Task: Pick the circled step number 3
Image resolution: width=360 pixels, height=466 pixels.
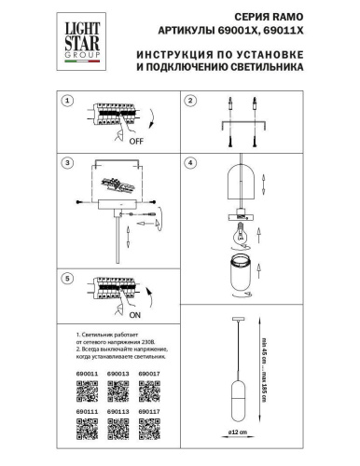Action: coord(66,163)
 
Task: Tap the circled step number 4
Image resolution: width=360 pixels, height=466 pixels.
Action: coord(189,163)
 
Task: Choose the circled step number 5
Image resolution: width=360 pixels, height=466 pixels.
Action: coord(66,279)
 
